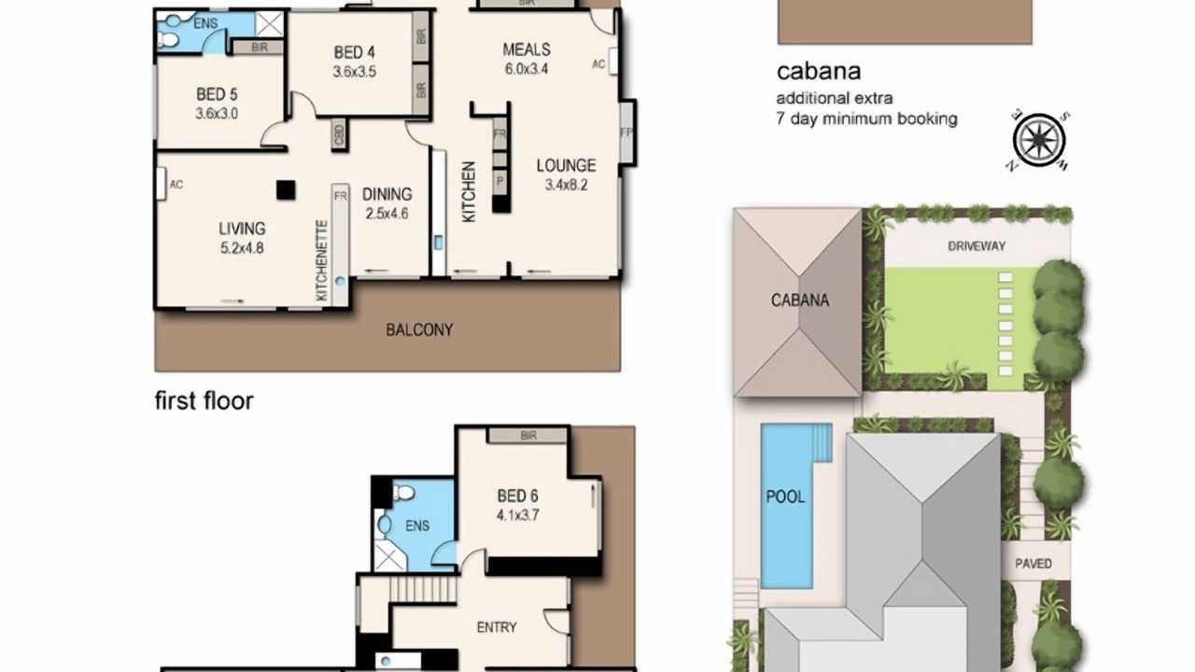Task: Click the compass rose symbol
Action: (x=1039, y=141)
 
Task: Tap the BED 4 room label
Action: (x=354, y=52)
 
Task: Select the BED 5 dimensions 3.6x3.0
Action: (x=217, y=114)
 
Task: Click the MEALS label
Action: (x=527, y=49)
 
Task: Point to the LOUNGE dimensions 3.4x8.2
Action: (x=566, y=185)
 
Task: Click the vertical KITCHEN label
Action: (x=469, y=192)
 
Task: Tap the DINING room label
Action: (x=387, y=194)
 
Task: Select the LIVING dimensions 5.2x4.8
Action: (x=242, y=248)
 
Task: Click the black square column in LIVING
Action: (x=286, y=190)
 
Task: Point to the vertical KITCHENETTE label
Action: (x=321, y=260)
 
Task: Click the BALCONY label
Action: (x=419, y=330)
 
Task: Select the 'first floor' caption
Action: (x=204, y=401)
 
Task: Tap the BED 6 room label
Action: (x=517, y=496)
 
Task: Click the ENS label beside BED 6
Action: (x=417, y=525)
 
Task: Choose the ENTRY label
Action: (x=497, y=627)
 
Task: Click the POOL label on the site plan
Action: (x=785, y=497)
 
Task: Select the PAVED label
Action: (x=1033, y=564)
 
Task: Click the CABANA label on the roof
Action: (x=800, y=301)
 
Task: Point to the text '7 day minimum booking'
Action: (x=867, y=119)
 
